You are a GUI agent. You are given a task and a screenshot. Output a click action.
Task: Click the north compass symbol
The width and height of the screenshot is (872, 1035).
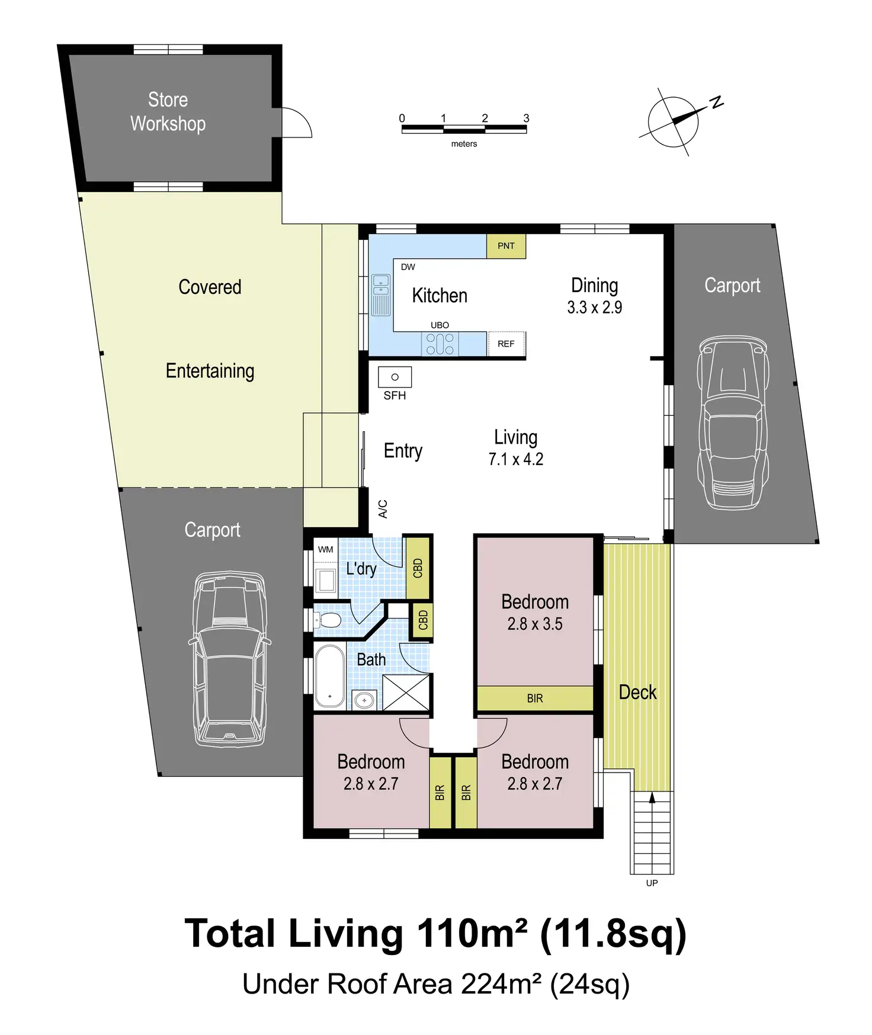coord(674,122)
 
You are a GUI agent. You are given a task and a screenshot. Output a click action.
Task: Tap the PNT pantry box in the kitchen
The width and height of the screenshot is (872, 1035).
coord(506,246)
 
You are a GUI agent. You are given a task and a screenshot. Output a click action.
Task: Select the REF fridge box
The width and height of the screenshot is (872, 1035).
coord(506,344)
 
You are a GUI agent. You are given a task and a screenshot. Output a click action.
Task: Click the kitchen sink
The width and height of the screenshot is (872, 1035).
coord(381,294)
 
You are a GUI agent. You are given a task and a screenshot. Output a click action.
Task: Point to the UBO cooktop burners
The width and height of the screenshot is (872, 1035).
coord(440,344)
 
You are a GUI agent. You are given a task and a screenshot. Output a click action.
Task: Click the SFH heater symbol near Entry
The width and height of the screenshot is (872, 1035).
coord(395,377)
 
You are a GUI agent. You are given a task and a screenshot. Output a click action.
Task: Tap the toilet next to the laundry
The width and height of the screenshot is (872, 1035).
coord(327,620)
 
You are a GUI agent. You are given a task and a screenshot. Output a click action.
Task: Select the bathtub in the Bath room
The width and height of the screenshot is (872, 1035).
coord(329,676)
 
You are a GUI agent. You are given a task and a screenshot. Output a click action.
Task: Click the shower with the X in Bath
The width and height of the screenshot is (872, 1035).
coord(406,692)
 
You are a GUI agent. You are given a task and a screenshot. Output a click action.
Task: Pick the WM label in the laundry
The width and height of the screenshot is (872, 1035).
coord(325,549)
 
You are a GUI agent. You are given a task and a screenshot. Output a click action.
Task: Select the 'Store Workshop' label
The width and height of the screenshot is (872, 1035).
coord(168,111)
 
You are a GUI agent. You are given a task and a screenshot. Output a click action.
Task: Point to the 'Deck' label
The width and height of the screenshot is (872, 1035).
coord(637,692)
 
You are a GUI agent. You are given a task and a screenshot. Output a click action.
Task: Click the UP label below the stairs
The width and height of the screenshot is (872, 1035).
coord(652,883)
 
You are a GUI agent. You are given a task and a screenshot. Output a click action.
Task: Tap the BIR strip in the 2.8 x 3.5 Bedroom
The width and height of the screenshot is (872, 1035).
coord(535,698)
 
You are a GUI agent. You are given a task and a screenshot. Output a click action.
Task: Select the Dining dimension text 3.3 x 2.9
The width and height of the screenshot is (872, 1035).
coord(594,307)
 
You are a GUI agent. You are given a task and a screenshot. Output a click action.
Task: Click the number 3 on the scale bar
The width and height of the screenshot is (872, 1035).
coord(526,118)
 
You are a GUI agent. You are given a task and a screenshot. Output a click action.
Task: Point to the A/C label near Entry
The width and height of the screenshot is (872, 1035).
coord(383,509)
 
